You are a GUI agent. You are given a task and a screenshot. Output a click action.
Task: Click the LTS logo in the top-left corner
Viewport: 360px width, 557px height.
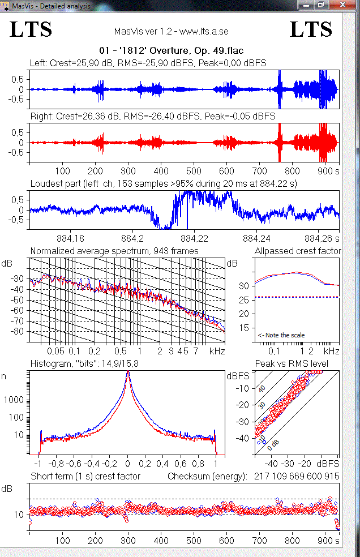click(x=31, y=29)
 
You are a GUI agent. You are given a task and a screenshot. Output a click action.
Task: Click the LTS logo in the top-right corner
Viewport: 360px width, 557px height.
click(x=311, y=29)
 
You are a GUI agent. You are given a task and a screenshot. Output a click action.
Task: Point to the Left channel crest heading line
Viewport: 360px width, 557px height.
click(x=148, y=63)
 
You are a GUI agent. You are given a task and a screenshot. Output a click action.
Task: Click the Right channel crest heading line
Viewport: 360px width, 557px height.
click(x=152, y=116)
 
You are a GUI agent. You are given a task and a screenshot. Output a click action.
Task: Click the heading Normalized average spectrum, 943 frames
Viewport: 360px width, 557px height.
click(x=114, y=251)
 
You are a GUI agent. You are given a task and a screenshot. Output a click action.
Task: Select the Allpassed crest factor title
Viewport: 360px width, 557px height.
click(x=298, y=251)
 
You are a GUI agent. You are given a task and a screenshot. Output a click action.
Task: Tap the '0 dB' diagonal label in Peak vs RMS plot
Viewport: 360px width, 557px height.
click(x=273, y=444)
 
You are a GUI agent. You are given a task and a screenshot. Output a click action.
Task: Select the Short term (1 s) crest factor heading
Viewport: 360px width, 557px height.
click(x=85, y=476)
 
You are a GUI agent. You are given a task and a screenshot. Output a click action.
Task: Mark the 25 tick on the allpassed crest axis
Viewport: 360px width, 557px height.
click(x=243, y=299)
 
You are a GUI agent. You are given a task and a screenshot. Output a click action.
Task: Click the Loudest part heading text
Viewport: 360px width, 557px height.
click(x=164, y=183)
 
